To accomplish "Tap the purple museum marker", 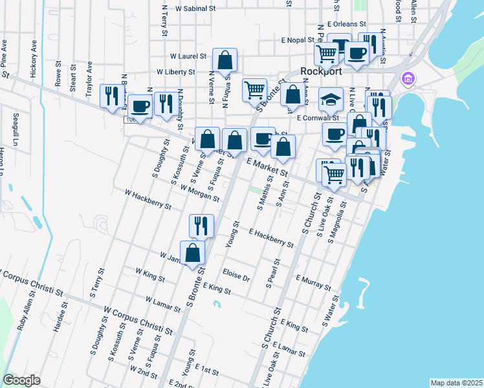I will (x=408, y=80).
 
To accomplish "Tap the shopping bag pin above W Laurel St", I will (x=225, y=61).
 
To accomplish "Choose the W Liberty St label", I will (x=175, y=72).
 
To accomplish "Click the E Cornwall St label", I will (x=318, y=118).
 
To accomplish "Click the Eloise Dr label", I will (x=236, y=274).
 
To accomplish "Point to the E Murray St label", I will (x=313, y=282).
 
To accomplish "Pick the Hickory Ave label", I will (x=32, y=57).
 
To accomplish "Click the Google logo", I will (x=22, y=380).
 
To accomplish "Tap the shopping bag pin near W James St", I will (x=193, y=253).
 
